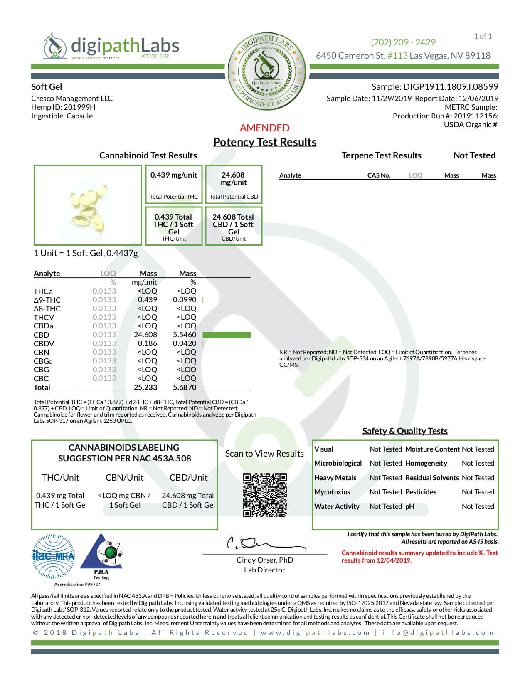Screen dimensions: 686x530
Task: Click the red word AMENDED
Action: pyautogui.click(x=264, y=128)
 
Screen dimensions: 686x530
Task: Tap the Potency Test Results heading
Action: pyautogui.click(x=265, y=142)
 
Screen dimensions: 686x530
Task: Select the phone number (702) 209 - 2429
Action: pyautogui.click(x=403, y=42)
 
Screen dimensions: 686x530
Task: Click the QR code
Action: pyautogui.click(x=265, y=495)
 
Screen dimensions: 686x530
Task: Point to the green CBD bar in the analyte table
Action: pyautogui.click(x=227, y=335)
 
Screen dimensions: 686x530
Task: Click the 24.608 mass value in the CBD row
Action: pyautogui.click(x=145, y=335)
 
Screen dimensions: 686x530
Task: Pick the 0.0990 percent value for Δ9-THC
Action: pyautogui.click(x=185, y=300)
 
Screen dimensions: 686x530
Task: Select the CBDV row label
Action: pyautogui.click(x=44, y=343)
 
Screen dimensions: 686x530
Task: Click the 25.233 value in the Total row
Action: pyautogui.click(x=145, y=387)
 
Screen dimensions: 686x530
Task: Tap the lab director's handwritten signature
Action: pyautogui.click(x=258, y=543)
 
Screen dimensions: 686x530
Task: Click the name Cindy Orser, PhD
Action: pyautogui.click(x=265, y=560)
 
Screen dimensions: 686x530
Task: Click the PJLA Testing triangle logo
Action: pyautogui.click(x=101, y=554)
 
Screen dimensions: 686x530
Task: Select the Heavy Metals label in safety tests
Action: pyautogui.click(x=335, y=478)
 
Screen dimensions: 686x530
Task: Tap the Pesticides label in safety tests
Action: pyautogui.click(x=421, y=492)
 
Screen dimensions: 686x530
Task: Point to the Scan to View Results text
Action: pyautogui.click(x=264, y=454)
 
